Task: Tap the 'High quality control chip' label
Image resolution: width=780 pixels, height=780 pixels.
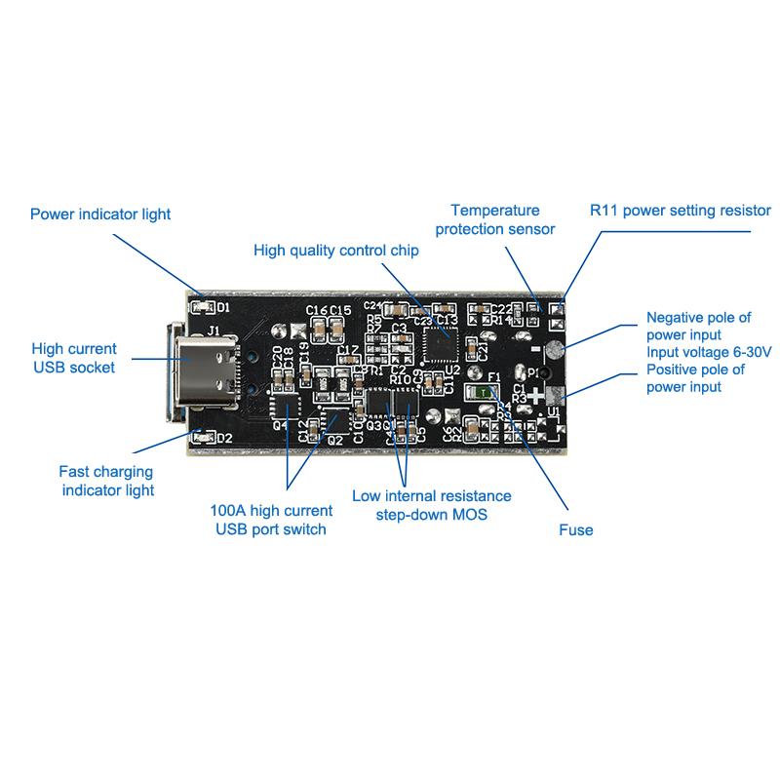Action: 335,251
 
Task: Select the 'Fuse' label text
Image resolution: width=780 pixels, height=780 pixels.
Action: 575,530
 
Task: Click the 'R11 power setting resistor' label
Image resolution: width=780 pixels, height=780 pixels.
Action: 681,210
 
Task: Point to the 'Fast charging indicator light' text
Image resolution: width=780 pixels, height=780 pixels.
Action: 107,481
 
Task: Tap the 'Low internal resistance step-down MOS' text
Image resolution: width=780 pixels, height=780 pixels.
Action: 432,505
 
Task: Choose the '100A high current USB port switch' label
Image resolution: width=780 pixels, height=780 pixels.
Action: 271,520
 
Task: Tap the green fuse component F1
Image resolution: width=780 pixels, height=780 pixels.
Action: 485,392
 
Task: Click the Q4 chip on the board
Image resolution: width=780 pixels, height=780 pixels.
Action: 285,404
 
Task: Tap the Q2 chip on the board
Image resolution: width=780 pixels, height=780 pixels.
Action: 333,421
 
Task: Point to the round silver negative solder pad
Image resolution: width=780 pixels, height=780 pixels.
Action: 552,351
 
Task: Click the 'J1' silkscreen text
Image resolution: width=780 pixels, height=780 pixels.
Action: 212,331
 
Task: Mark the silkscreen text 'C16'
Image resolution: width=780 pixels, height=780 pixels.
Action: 316,310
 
